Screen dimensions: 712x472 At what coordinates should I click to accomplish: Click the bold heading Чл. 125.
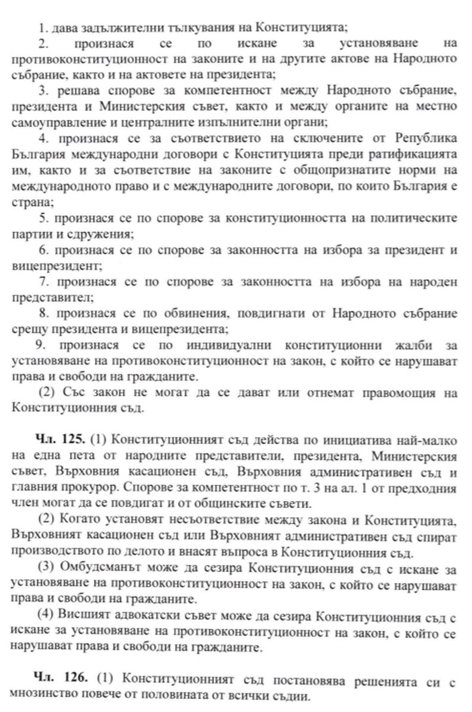point(64,441)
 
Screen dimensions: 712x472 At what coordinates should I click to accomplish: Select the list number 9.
point(41,345)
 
